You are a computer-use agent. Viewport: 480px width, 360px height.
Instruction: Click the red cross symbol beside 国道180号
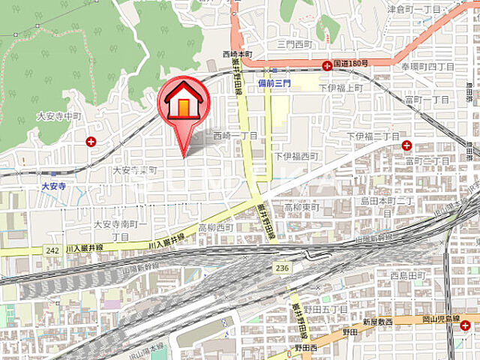(327, 67)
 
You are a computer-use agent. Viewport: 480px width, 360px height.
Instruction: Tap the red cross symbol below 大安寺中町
(91, 141)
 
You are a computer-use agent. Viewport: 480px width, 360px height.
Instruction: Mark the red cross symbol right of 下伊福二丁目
(406, 145)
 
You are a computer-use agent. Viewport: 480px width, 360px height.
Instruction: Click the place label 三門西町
(295, 45)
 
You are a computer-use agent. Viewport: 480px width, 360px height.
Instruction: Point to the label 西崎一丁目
(235, 136)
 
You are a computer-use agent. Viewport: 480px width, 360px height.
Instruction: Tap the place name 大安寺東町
(135, 171)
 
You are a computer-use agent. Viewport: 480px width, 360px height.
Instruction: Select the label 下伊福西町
(295, 156)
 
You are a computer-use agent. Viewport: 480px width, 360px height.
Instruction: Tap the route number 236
(281, 267)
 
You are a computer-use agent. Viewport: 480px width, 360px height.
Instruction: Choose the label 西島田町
(407, 274)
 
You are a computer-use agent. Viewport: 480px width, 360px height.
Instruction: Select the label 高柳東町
(301, 207)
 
